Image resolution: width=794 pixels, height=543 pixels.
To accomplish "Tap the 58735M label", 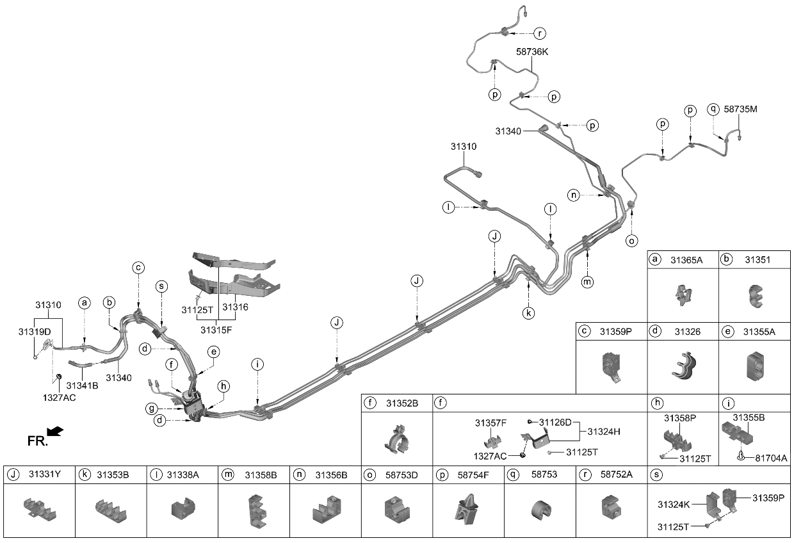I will [x=740, y=109].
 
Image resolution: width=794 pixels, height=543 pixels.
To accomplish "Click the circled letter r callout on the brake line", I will [x=540, y=32].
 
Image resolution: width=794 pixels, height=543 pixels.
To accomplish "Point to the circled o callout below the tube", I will [x=632, y=241].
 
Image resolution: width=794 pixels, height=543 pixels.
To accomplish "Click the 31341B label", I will [x=82, y=385].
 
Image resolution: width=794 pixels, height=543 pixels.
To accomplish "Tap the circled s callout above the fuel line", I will [x=161, y=286].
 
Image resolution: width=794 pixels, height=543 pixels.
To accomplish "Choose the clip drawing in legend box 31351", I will [x=754, y=295].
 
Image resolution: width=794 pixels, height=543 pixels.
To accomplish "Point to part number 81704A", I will [x=770, y=458].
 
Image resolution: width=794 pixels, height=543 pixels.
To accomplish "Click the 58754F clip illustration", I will [x=468, y=510].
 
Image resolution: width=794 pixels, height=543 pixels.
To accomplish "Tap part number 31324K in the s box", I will [x=674, y=505].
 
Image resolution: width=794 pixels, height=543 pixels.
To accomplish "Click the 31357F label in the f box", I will [x=490, y=423].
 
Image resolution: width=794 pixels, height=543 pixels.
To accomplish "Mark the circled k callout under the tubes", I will [x=528, y=313].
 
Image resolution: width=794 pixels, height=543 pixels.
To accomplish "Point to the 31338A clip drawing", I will [x=182, y=510].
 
